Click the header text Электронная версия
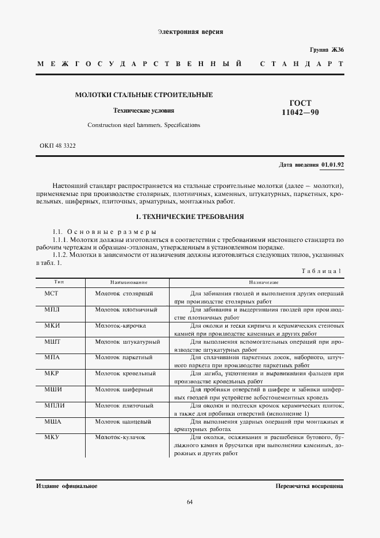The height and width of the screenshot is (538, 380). pyautogui.click(x=190, y=32)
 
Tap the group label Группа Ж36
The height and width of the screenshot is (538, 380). pyautogui.click(x=327, y=50)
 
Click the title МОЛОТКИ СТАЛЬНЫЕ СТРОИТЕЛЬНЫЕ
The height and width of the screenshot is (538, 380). pyautogui.click(x=144, y=94)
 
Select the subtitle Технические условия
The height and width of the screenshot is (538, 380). pyautogui.click(x=144, y=110)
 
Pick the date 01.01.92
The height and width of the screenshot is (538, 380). pyautogui.click(x=332, y=165)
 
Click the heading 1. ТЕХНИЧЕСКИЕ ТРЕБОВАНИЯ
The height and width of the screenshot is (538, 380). pyautogui.click(x=189, y=217)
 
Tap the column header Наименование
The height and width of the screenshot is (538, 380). pyautogui.click(x=129, y=282)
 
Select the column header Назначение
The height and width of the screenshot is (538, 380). pyautogui.click(x=264, y=282)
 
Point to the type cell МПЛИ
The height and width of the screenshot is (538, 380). pyautogui.click(x=53, y=406)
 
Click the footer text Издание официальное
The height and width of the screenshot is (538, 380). pyautogui.click(x=67, y=486)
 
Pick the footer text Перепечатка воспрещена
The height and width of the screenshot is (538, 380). pyautogui.click(x=309, y=486)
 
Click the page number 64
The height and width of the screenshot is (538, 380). pyautogui.click(x=190, y=504)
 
